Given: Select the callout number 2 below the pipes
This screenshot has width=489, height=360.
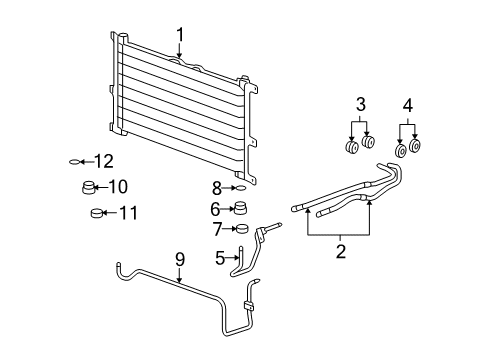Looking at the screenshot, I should click(340, 252).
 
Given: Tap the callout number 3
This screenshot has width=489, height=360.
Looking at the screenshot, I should click(362, 105).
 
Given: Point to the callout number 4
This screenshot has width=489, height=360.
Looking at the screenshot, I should click(408, 105).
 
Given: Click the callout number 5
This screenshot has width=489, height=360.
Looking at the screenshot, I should click(220, 257).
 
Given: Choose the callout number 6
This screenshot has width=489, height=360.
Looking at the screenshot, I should click(215, 209).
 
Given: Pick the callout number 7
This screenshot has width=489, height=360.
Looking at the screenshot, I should click(217, 229).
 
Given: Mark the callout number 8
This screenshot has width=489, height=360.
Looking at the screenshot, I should click(216, 188).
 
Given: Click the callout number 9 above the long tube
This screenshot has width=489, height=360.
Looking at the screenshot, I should click(180, 260).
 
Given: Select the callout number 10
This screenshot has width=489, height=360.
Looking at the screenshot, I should click(118, 186).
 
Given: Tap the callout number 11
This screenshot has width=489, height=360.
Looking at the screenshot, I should click(128, 212).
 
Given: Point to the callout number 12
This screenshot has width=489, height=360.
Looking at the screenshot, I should click(103, 161).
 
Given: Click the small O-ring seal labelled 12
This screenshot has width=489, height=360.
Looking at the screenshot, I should click(77, 162).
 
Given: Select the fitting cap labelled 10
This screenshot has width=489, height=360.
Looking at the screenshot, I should click(90, 187).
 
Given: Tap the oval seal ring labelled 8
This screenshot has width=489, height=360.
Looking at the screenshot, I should click(240, 188).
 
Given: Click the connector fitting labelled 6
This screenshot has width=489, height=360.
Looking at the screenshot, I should click(240, 208).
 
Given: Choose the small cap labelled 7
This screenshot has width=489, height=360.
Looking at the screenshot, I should click(241, 229).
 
